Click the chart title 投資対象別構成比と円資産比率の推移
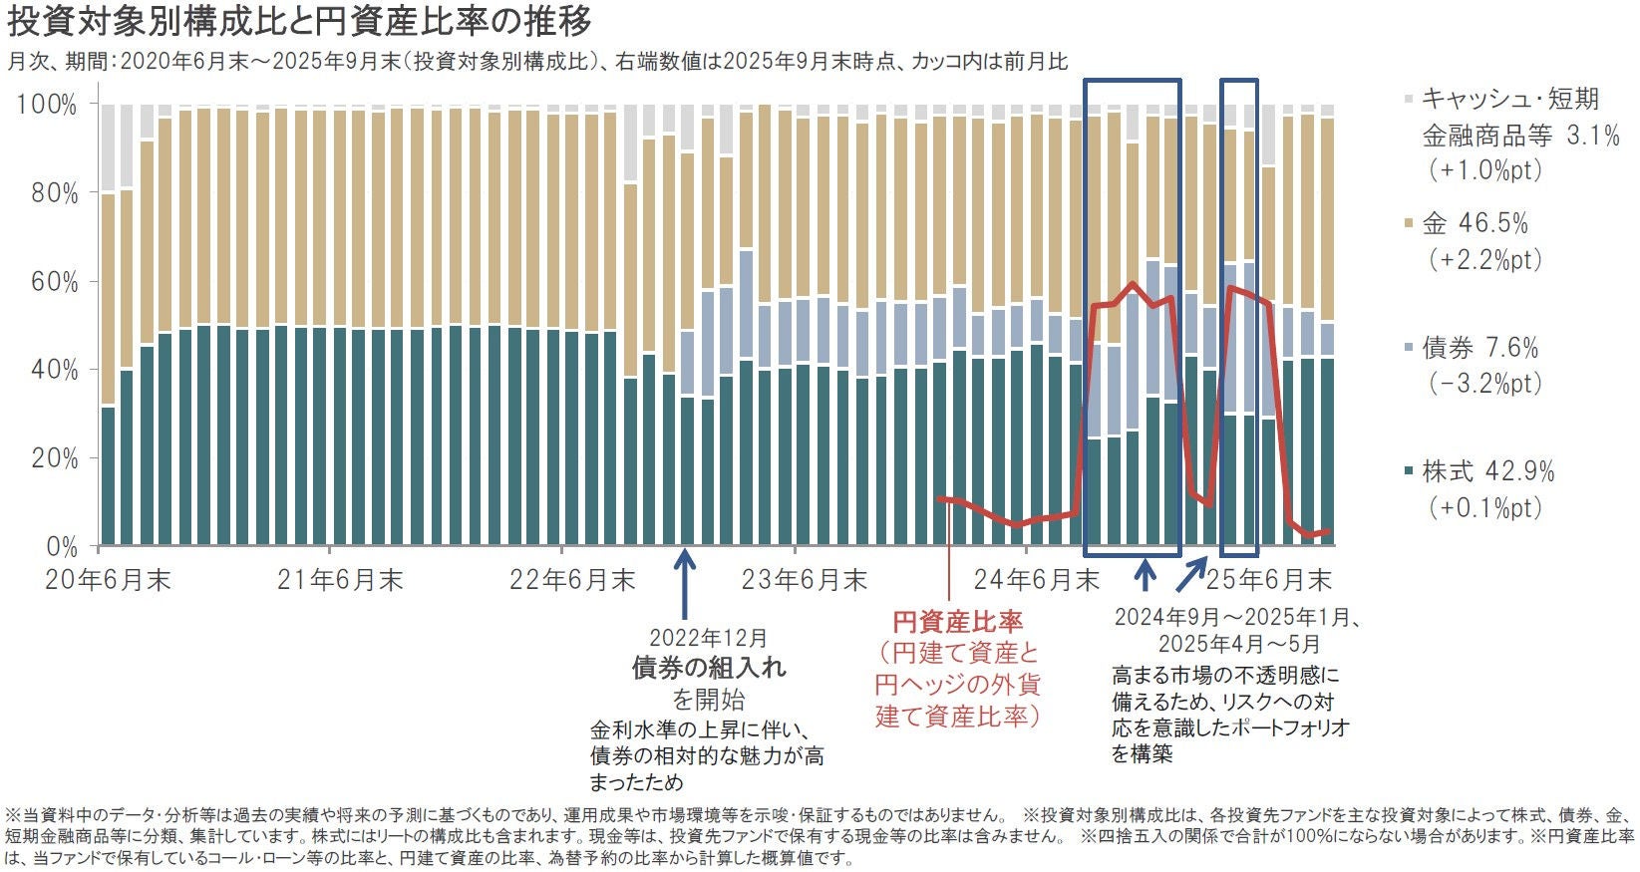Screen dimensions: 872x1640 click(299, 22)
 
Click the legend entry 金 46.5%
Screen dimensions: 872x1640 click(1475, 223)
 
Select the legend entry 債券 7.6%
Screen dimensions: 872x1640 click(1479, 348)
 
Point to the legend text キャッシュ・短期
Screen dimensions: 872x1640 click(1509, 100)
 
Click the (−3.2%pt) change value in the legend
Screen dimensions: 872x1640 click(1485, 384)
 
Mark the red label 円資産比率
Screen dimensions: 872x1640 click(957, 623)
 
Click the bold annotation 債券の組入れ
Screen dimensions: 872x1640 click(708, 668)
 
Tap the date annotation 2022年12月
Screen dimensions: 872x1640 click(708, 638)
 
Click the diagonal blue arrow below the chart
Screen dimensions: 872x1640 click(1190, 575)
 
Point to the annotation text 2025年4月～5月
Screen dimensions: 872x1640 click(1238, 644)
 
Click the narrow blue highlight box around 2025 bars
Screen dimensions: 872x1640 click(1239, 317)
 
